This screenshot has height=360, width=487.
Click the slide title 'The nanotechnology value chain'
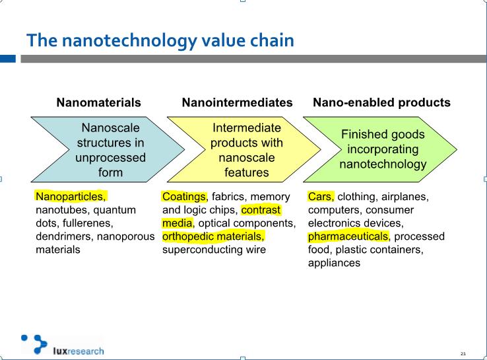[160, 40]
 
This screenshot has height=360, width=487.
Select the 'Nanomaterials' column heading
[99, 102]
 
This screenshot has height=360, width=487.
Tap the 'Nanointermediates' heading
[238, 102]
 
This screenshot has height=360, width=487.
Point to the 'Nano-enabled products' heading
[381, 102]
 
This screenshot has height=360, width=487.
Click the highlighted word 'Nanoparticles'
[69, 197]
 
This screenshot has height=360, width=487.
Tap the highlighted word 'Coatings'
[184, 197]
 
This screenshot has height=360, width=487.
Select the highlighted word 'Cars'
[320, 197]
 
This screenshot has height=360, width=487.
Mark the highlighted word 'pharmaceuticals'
[348, 237]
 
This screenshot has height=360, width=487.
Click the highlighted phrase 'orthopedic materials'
[212, 236]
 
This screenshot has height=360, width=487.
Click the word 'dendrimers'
[63, 236]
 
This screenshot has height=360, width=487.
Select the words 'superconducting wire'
[214, 250]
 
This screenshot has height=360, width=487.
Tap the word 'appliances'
[334, 264]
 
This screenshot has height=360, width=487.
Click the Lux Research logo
[63, 345]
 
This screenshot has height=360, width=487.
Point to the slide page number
[463, 353]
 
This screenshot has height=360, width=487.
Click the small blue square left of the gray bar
[8, 58]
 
